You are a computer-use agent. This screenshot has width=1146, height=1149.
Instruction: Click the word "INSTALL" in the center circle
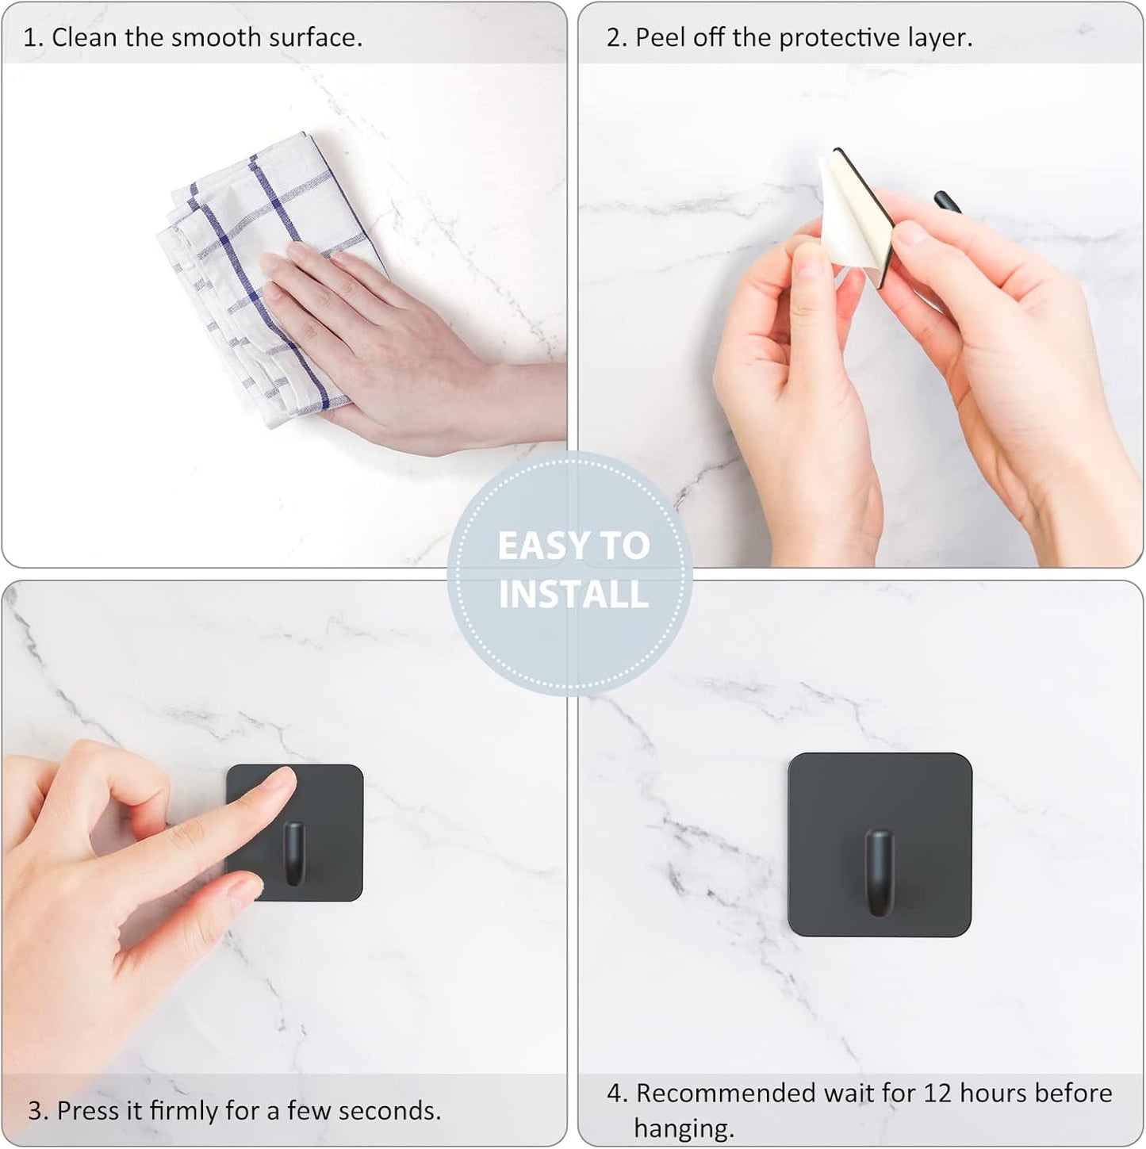point(573,595)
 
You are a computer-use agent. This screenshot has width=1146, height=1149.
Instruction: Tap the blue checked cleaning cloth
point(238,238)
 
